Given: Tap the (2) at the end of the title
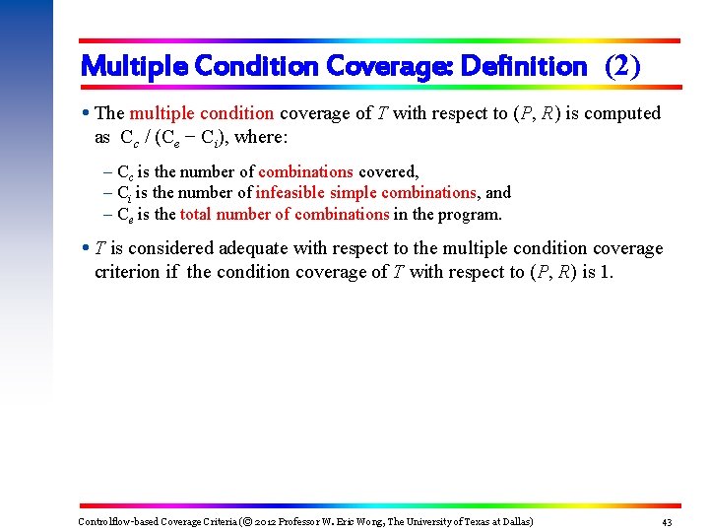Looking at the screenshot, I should pyautogui.click(x=622, y=67).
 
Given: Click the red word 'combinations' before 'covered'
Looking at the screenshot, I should pyautogui.click(x=305, y=171).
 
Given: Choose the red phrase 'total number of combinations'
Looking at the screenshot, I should pyautogui.click(x=284, y=215).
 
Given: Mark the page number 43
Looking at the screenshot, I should pyautogui.click(x=667, y=522).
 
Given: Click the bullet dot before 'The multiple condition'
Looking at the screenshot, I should pyautogui.click(x=87, y=113).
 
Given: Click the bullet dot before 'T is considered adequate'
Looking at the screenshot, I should pyautogui.click(x=87, y=248).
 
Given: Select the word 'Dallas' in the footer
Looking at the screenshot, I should pyautogui.click(x=513, y=522).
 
